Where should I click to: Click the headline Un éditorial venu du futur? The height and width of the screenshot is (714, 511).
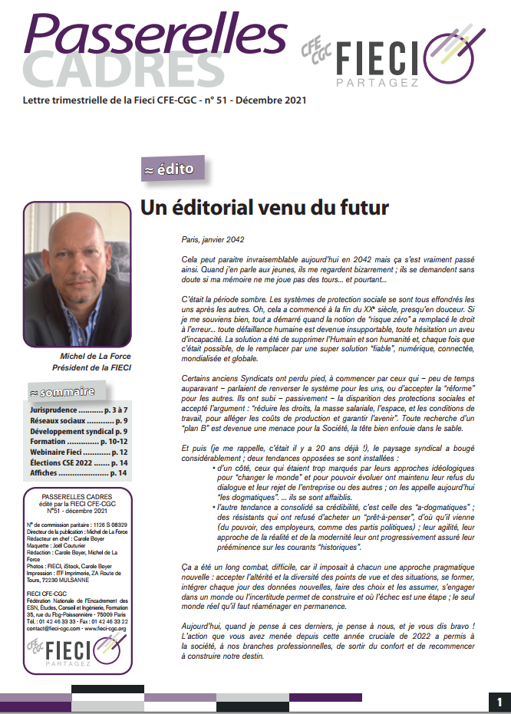pos(264,207)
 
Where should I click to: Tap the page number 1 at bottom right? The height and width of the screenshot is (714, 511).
pos(499,702)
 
